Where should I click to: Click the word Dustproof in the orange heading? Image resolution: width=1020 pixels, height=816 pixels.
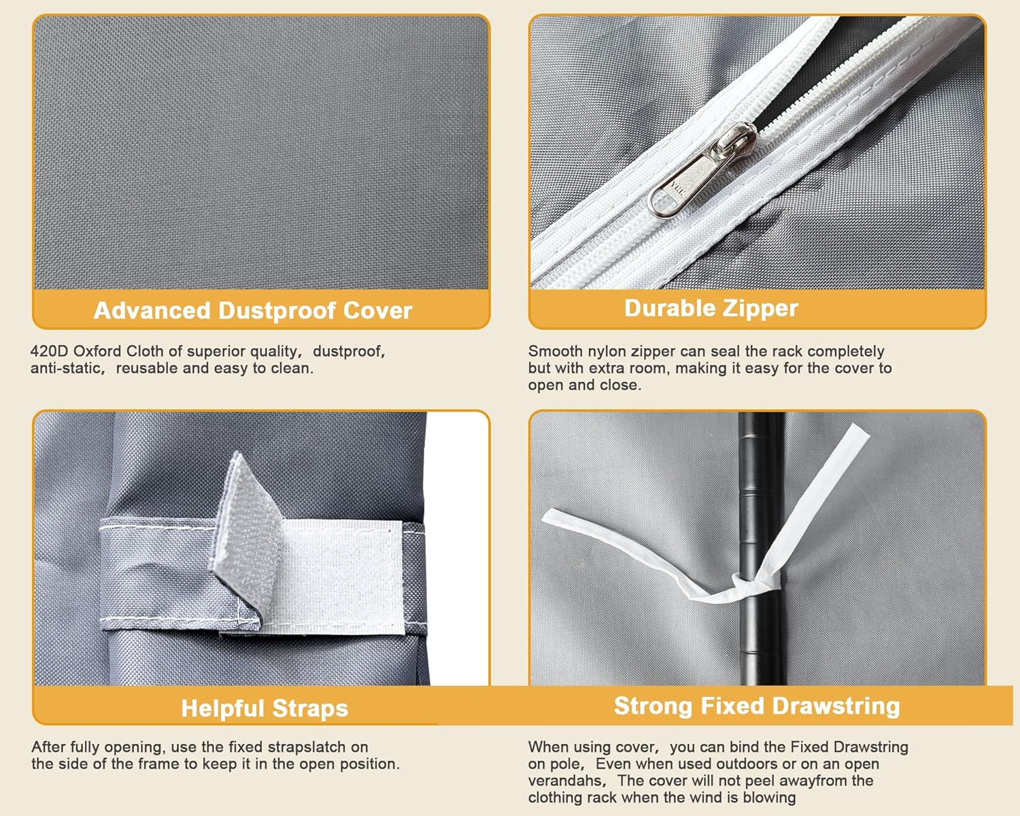pos(277,311)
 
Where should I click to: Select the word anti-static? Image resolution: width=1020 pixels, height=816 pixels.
pos(65,368)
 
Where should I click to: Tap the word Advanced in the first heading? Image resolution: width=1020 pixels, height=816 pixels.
pos(152,311)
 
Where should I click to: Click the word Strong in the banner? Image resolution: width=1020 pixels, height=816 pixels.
pos(654,706)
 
